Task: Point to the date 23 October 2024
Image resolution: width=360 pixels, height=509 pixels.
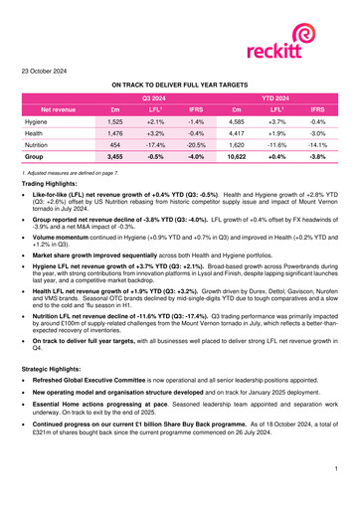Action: coord(47,72)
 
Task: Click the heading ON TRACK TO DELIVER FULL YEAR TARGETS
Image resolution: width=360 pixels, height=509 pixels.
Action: coord(179,87)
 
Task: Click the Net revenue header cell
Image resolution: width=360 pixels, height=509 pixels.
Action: coord(57,108)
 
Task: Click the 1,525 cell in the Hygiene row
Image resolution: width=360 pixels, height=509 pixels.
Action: coord(115,120)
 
